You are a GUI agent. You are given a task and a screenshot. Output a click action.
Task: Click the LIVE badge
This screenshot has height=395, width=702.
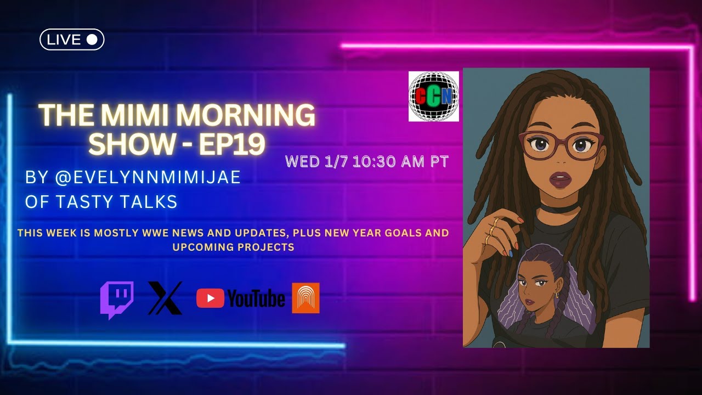click(x=72, y=39)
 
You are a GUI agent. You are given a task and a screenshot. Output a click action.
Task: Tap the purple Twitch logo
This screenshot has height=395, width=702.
click(x=117, y=300)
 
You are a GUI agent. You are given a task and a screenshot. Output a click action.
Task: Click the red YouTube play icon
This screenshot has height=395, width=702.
click(x=210, y=298)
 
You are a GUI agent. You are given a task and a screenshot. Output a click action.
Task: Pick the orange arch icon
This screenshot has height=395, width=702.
click(x=305, y=298)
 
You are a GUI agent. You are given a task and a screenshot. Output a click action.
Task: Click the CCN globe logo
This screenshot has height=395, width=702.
click(x=433, y=97)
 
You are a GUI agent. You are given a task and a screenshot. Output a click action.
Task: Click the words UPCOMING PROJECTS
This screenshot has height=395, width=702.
click(x=233, y=247)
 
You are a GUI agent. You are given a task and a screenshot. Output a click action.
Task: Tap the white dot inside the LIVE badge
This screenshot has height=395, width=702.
click(x=92, y=39)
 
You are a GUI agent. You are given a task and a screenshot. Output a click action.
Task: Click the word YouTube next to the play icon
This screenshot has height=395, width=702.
click(x=256, y=299)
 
